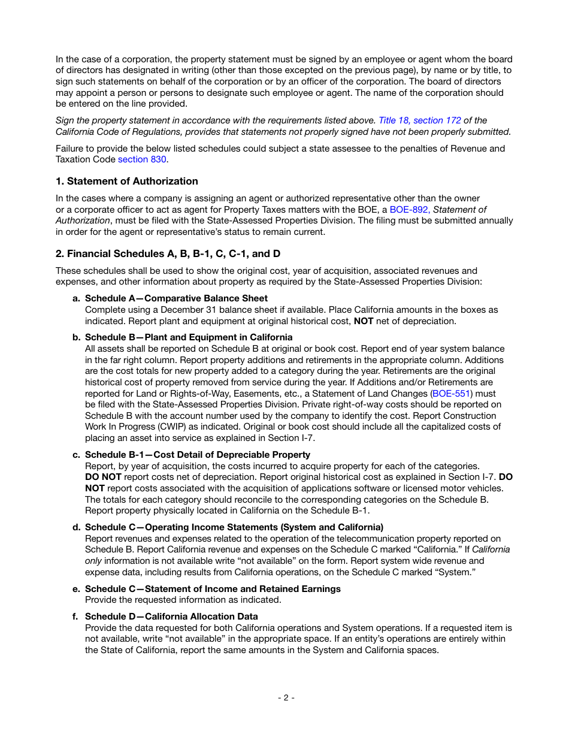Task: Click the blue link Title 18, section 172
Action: (420, 120)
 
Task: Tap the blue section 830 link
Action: (143, 159)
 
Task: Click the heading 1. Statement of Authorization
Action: (126, 182)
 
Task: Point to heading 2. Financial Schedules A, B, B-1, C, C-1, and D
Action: (168, 253)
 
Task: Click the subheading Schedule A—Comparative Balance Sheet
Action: (176, 298)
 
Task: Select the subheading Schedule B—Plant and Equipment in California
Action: (189, 337)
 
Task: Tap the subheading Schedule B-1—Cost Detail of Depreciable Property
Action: (198, 455)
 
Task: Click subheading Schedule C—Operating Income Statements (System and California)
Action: (234, 527)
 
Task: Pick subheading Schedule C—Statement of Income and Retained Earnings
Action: (213, 589)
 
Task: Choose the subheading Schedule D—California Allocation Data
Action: (171, 617)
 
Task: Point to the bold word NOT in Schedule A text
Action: (364, 321)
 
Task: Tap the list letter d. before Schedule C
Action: (77, 527)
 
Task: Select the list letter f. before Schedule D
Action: (77, 617)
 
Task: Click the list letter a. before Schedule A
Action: (77, 298)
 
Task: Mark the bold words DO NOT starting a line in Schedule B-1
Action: (103, 477)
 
